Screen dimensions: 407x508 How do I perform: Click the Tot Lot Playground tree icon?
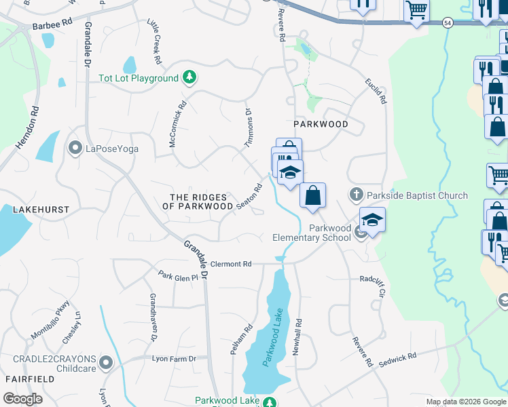191,78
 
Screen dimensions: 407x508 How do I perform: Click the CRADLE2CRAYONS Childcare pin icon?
105,364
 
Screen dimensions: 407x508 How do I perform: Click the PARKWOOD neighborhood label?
321,124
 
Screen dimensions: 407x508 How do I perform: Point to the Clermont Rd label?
231,264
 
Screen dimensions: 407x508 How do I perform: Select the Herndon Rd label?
26,128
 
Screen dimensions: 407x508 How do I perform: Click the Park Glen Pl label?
177,277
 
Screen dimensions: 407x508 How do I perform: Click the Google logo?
23,399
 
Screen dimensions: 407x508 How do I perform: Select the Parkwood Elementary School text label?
312,233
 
